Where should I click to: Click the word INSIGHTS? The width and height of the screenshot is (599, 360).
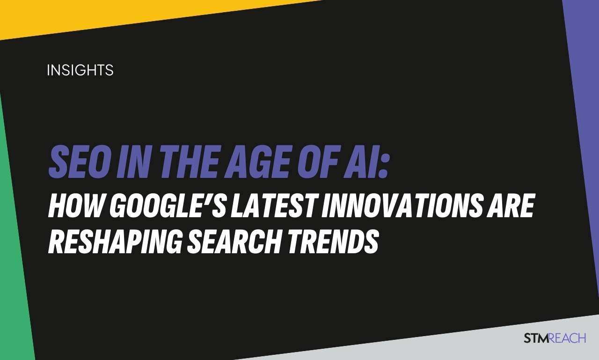pos(80,71)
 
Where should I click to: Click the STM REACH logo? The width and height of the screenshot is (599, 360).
pos(555,338)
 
